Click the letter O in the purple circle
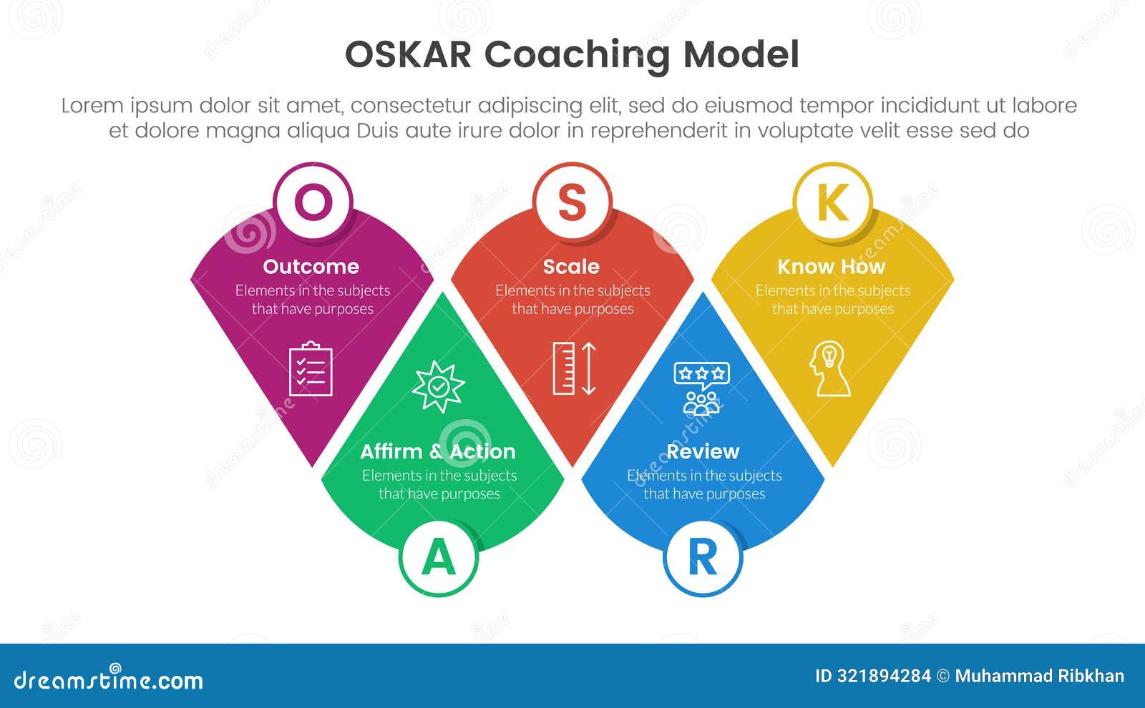click(x=313, y=202)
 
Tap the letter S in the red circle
click(x=572, y=202)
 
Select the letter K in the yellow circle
click(x=833, y=202)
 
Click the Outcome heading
click(x=311, y=267)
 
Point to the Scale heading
click(x=572, y=267)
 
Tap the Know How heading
click(x=831, y=267)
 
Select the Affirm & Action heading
click(x=438, y=451)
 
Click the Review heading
click(x=703, y=451)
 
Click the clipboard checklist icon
click(x=311, y=369)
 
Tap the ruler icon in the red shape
click(x=564, y=368)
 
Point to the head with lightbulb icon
click(x=829, y=368)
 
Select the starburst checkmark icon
click(x=439, y=387)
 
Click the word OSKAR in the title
click(x=408, y=54)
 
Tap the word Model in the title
click(x=741, y=54)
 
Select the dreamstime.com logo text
click(x=108, y=680)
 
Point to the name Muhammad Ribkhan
click(x=1040, y=677)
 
